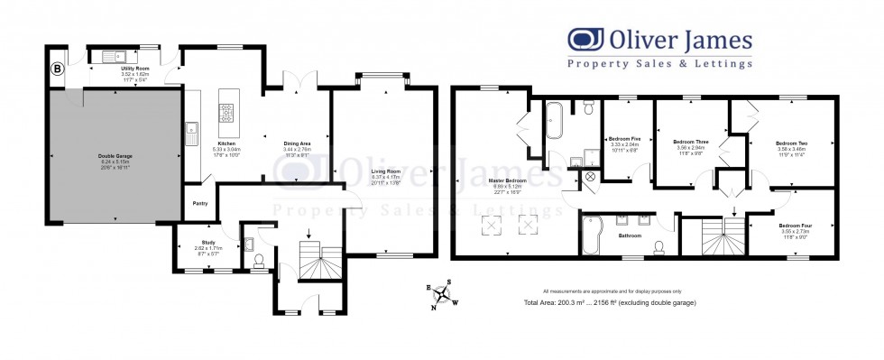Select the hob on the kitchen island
[x=226, y=113]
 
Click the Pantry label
[x=199, y=203]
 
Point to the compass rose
[x=443, y=294]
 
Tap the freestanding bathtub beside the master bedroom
[x=554, y=119]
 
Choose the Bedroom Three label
[x=689, y=143]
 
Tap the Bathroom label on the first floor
[x=629, y=235]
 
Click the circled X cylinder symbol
[x=590, y=177]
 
